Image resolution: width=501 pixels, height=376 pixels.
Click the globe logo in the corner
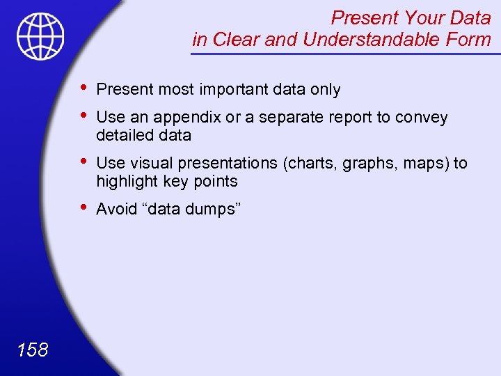[x=41, y=36]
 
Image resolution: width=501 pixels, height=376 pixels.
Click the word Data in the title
[x=468, y=17]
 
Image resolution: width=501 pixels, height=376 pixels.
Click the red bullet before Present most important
[x=83, y=88]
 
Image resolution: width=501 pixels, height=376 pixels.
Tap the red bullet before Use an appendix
[x=83, y=116]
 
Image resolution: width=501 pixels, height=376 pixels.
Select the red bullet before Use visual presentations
[x=83, y=162]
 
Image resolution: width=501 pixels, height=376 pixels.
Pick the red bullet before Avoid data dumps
[x=83, y=207]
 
